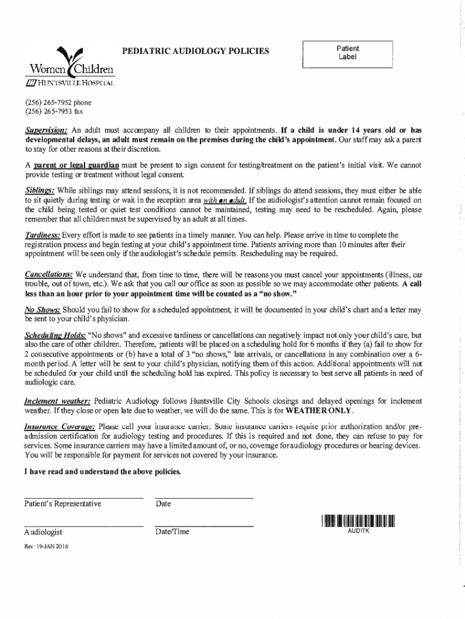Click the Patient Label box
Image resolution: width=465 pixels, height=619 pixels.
pos(347,53)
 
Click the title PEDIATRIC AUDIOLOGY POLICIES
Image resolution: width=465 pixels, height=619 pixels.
pos(196,51)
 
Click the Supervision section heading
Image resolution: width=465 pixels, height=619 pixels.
pos(46,130)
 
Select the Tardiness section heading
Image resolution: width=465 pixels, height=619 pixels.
pos(42,235)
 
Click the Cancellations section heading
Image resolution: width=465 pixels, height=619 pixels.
pos(49,274)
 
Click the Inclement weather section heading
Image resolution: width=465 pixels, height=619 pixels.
pos(57,401)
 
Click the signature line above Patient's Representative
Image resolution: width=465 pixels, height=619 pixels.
pos(83,498)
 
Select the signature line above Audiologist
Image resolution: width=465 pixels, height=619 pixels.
pos(83,527)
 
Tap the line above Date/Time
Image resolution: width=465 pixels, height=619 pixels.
pos(204,527)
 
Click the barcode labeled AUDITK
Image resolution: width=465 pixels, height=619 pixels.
pos(358,520)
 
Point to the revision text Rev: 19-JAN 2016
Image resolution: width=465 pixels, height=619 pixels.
pos(46,546)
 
